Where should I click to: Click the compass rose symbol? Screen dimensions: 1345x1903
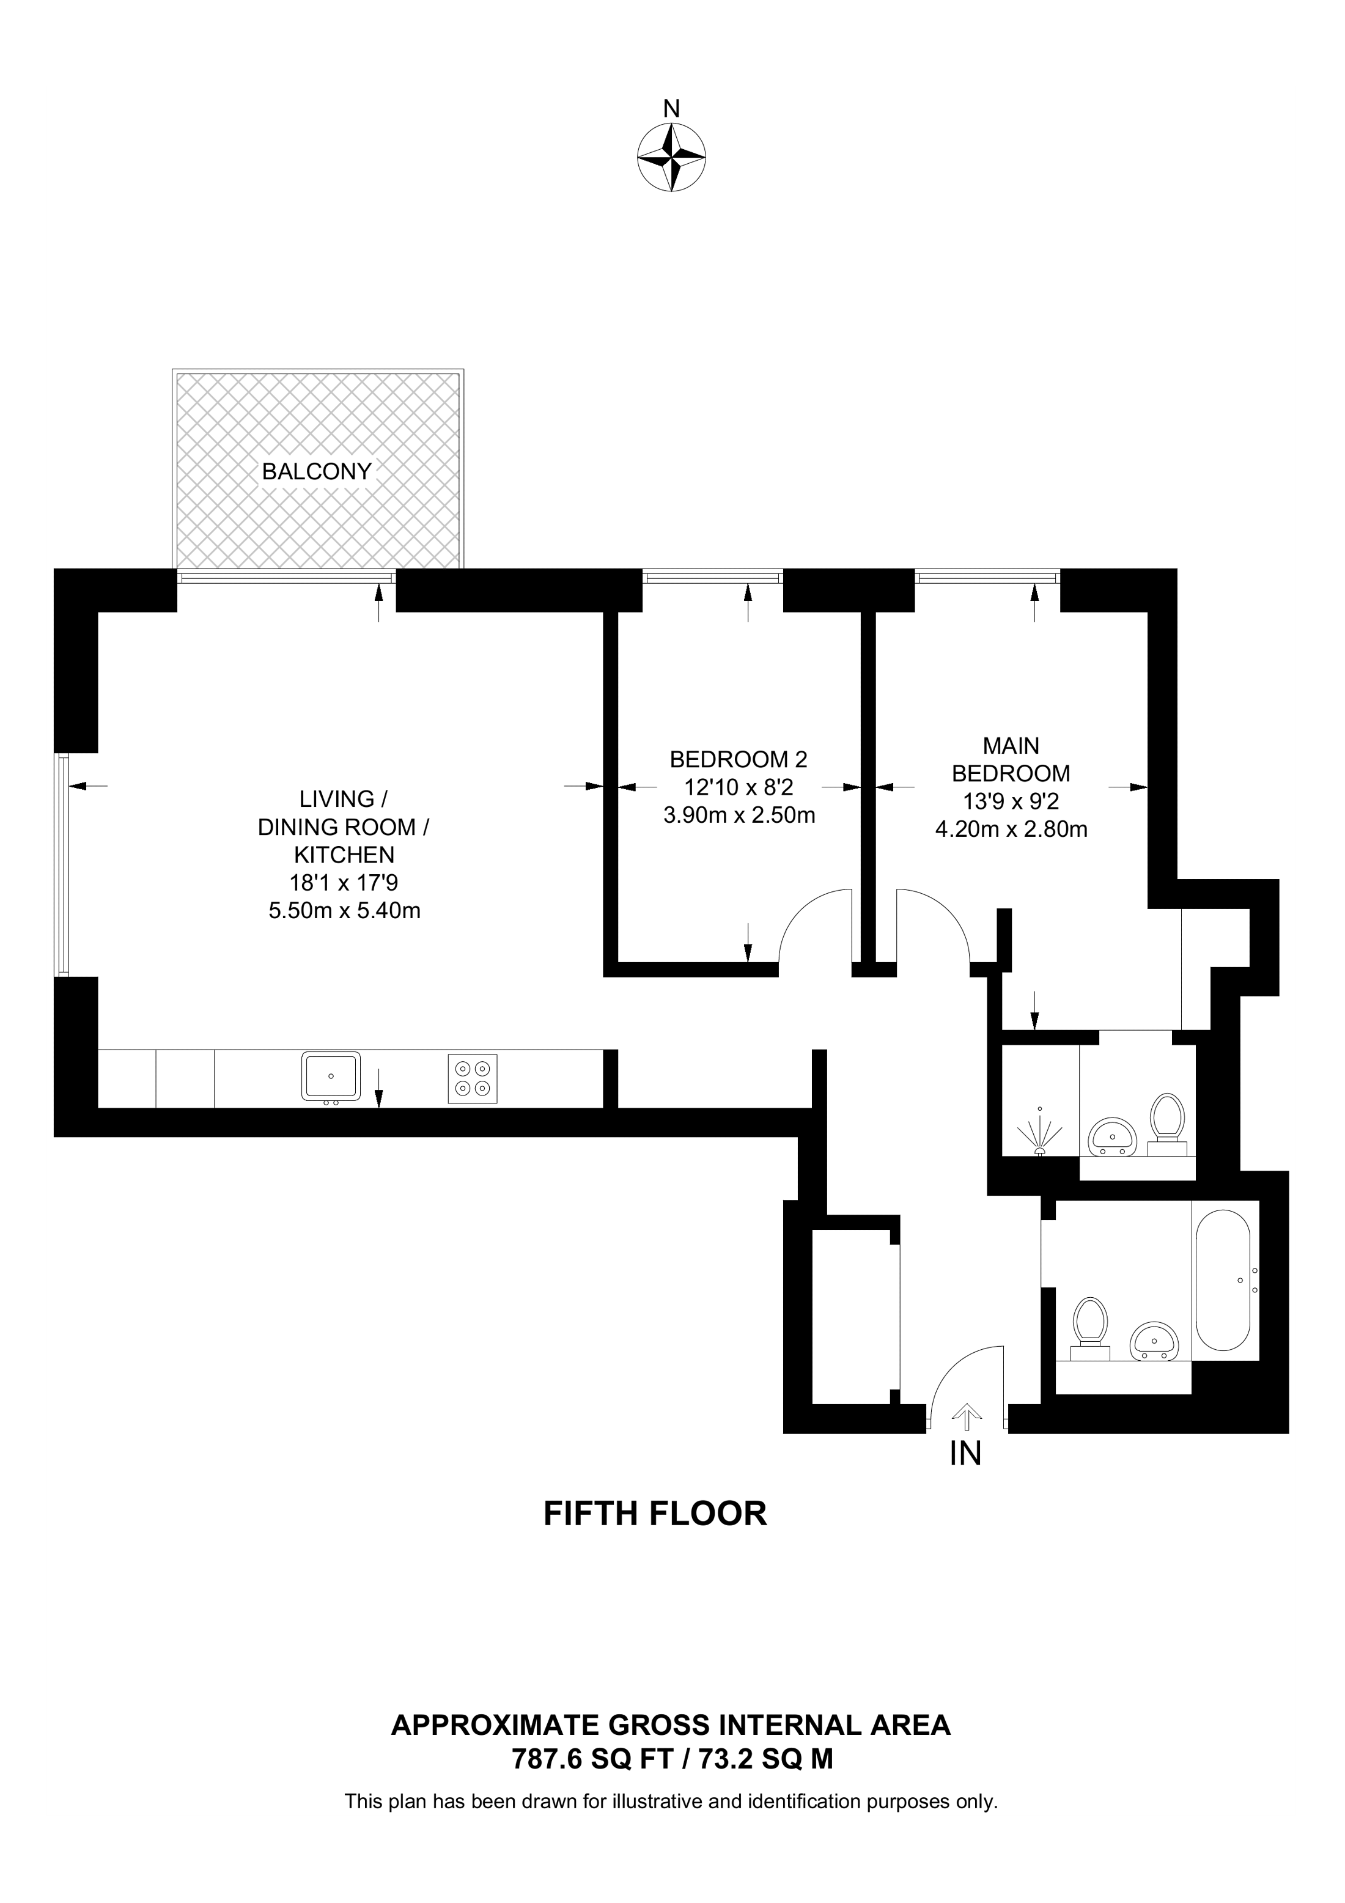(x=671, y=158)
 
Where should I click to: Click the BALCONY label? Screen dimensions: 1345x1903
(x=317, y=471)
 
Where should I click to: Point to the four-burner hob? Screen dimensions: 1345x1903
(x=473, y=1078)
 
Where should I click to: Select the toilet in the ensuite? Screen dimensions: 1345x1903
(x=1168, y=1125)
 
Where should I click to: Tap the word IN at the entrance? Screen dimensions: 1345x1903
(x=965, y=1453)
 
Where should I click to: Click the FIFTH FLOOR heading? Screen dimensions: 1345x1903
(x=655, y=1514)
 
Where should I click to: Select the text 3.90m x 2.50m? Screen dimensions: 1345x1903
(x=739, y=815)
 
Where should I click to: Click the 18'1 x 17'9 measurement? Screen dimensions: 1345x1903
(x=344, y=883)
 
